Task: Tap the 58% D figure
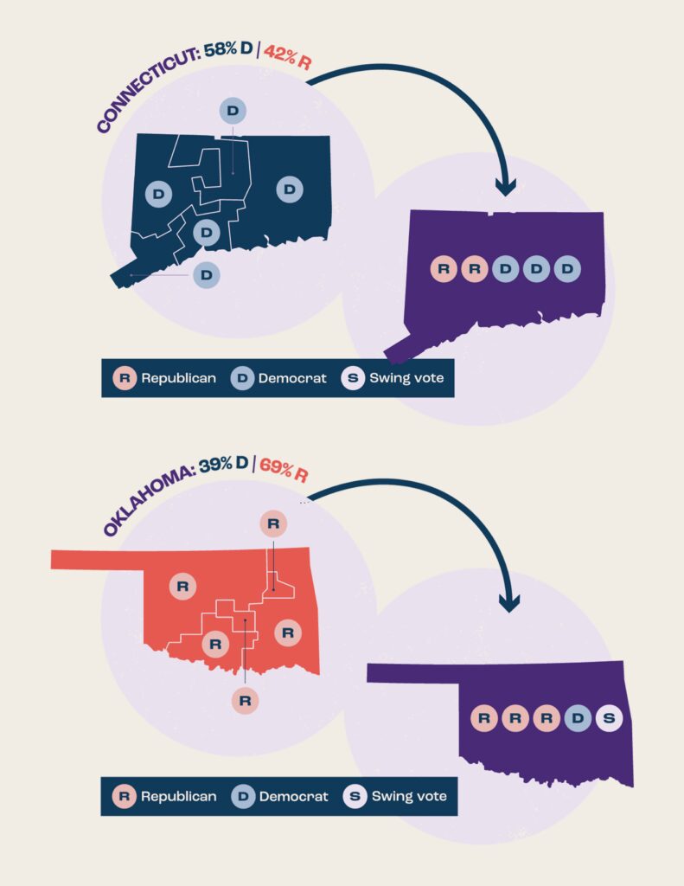pos(228,52)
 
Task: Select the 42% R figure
pos(286,50)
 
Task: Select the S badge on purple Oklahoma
pos(609,717)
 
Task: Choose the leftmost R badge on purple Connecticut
pos(444,269)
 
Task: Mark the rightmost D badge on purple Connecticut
pos(567,269)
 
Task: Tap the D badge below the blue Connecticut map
pos(206,274)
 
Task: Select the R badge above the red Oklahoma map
pos(273,523)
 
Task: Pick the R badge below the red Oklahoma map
pos(245,699)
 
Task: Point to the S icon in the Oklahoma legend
pos(355,795)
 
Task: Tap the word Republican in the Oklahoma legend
pos(179,795)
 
